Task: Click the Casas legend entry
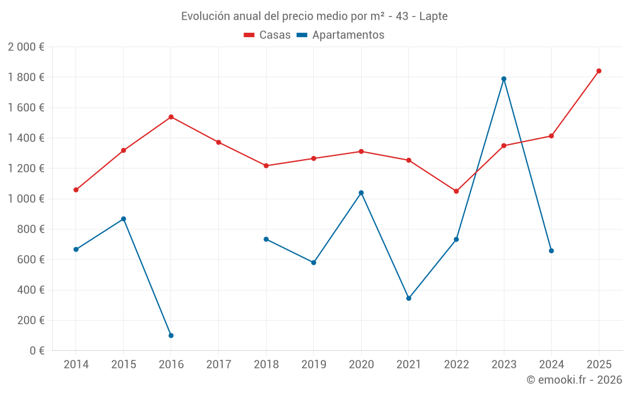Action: pyautogui.click(x=267, y=35)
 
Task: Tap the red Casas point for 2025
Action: pyautogui.click(x=599, y=71)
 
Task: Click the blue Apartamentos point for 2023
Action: pyautogui.click(x=504, y=79)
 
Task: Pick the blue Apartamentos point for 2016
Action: pyautogui.click(x=171, y=336)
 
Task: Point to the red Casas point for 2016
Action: pyautogui.click(x=171, y=117)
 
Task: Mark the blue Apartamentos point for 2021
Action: pyautogui.click(x=409, y=299)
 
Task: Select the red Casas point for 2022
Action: pyautogui.click(x=456, y=191)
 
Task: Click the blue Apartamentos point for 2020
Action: pyautogui.click(x=361, y=193)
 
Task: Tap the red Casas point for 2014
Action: pyautogui.click(x=76, y=190)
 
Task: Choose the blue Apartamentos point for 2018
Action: pyautogui.click(x=266, y=239)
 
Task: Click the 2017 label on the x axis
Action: pyautogui.click(x=218, y=365)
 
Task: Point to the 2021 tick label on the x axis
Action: pyautogui.click(x=409, y=365)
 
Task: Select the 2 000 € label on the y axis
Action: pyautogui.click(x=26, y=47)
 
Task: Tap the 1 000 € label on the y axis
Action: pyautogui.click(x=26, y=199)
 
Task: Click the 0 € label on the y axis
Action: pyautogui.click(x=34, y=351)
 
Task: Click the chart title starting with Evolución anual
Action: pyautogui.click(x=314, y=16)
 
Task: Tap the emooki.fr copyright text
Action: pyautogui.click(x=574, y=380)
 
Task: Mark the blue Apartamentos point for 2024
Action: pyautogui.click(x=552, y=251)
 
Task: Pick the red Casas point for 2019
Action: pyautogui.click(x=314, y=158)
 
